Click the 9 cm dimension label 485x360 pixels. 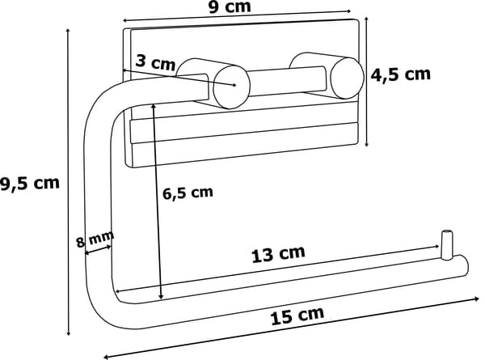coord(230,6)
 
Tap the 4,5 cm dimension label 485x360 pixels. coord(401,74)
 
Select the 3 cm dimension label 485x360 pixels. coord(155,62)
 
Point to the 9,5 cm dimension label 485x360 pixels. coord(29,184)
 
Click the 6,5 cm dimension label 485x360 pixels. coord(188,193)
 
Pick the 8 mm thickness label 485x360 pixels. coord(95,239)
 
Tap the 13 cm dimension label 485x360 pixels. coord(278,254)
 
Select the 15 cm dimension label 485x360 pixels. coord(297,315)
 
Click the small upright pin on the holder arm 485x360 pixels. coord(446,244)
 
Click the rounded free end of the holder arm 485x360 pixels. coord(463,266)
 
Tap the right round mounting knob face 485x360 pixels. coord(347,78)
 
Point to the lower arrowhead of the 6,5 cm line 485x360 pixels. coord(161,296)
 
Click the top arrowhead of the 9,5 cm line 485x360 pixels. coord(68,31)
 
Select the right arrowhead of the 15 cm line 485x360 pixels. coord(476,299)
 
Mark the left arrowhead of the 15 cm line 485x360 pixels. coord(107,357)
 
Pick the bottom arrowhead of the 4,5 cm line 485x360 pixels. coord(366,143)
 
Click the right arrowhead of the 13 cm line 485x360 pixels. coord(436,247)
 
